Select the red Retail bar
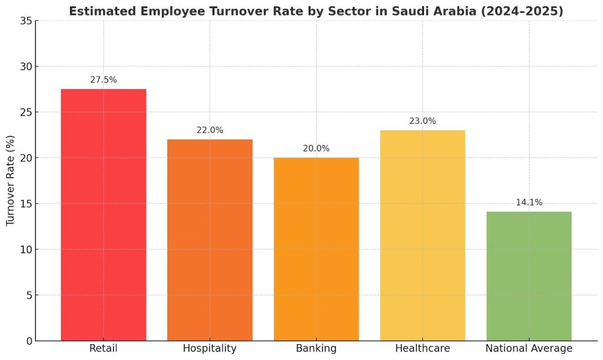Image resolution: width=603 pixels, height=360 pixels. pyautogui.click(x=104, y=214)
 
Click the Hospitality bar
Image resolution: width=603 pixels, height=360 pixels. pyautogui.click(x=210, y=240)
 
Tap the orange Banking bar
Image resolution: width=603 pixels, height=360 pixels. pyautogui.click(x=316, y=249)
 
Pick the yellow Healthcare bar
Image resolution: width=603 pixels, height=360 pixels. pyautogui.click(x=422, y=235)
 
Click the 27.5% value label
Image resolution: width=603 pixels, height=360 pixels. pyautogui.click(x=104, y=80)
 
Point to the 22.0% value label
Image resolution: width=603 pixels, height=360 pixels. pyautogui.click(x=210, y=130)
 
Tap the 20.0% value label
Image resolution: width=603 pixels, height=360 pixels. pyautogui.click(x=316, y=148)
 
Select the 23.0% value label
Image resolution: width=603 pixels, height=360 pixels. pyautogui.click(x=422, y=121)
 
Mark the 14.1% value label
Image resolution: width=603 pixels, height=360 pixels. pyautogui.click(x=529, y=203)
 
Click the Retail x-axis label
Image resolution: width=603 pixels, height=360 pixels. pyautogui.click(x=104, y=348)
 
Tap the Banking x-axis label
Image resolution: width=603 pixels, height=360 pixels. pyautogui.click(x=316, y=348)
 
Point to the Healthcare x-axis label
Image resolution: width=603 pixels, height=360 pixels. pyautogui.click(x=422, y=348)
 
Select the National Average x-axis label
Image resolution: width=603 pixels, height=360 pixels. pyautogui.click(x=529, y=348)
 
